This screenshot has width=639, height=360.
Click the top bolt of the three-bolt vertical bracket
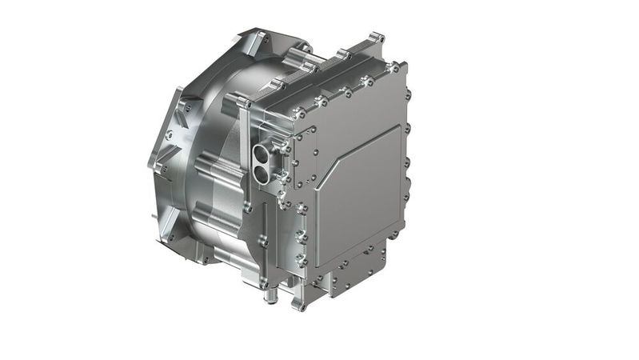[x=302, y=210]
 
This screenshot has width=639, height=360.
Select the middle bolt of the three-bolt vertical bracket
[x=302, y=236]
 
